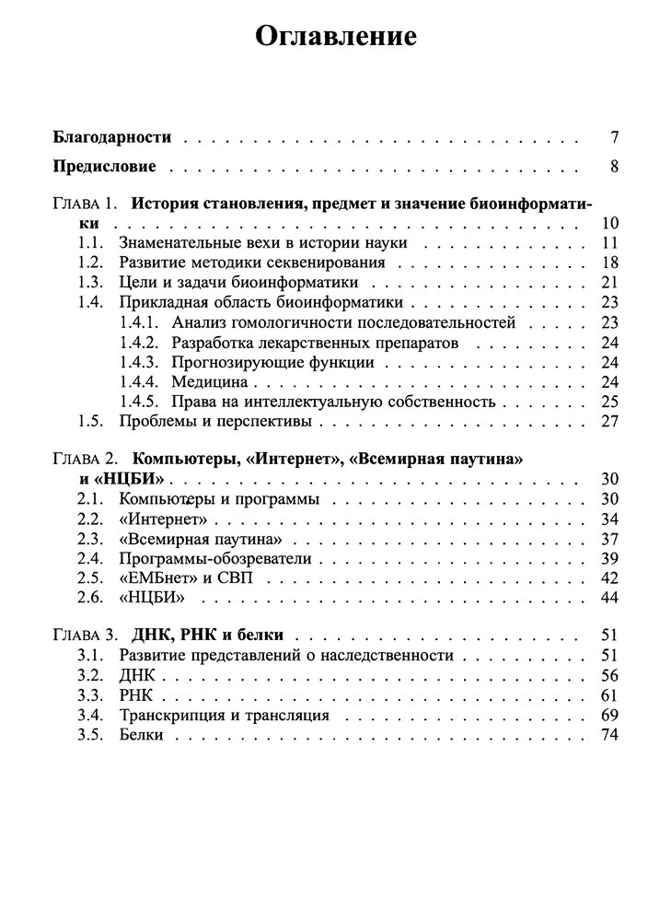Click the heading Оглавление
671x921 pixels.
[335, 36]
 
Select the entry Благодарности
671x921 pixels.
[112, 137]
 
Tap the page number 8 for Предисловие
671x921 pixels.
[613, 167]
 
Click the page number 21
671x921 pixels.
[608, 282]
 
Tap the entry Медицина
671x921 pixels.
[212, 381]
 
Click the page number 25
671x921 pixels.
[608, 402]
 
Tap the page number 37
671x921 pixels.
[608, 538]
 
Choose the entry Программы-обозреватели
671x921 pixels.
[214, 558]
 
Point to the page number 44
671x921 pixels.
[608, 599]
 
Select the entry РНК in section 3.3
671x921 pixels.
[136, 694]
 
